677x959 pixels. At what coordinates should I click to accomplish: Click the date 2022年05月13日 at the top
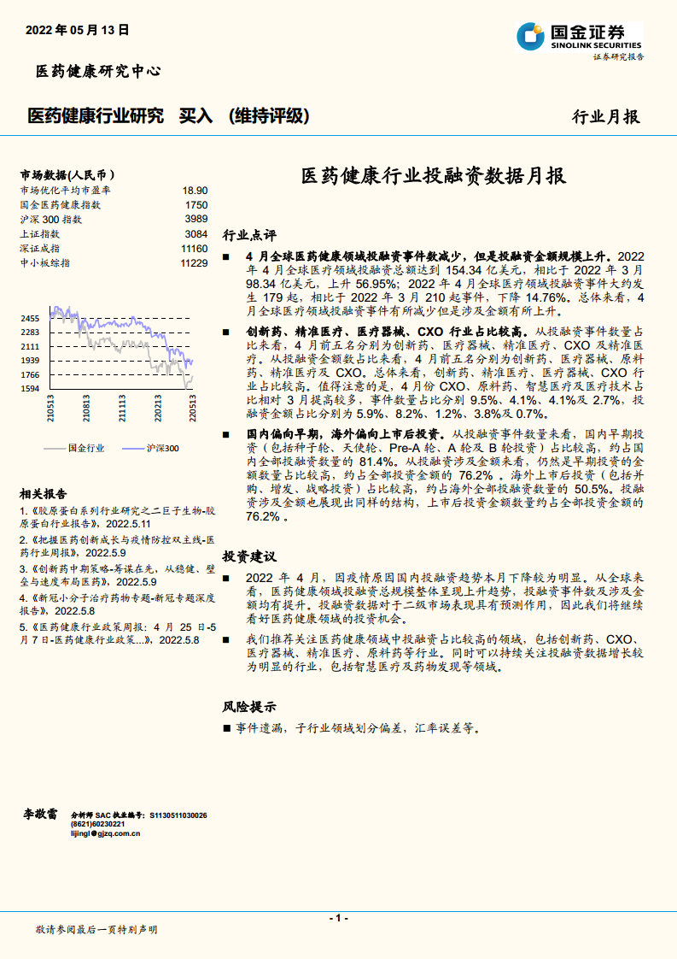[x=78, y=29]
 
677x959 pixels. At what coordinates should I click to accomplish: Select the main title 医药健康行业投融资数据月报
[x=434, y=177]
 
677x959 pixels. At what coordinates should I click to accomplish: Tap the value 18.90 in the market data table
[x=195, y=191]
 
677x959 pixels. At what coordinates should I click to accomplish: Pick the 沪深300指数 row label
[x=50, y=220]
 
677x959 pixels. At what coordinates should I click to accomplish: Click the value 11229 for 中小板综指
[x=194, y=263]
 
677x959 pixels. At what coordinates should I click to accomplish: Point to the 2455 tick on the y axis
[x=30, y=318]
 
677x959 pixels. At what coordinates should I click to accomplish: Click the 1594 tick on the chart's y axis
[x=30, y=389]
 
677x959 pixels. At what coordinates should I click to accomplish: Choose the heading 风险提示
[x=249, y=707]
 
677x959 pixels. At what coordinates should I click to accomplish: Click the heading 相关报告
[x=44, y=494]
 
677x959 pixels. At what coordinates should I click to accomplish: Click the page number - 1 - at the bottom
[x=339, y=917]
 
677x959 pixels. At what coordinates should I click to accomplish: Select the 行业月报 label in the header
[x=605, y=117]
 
